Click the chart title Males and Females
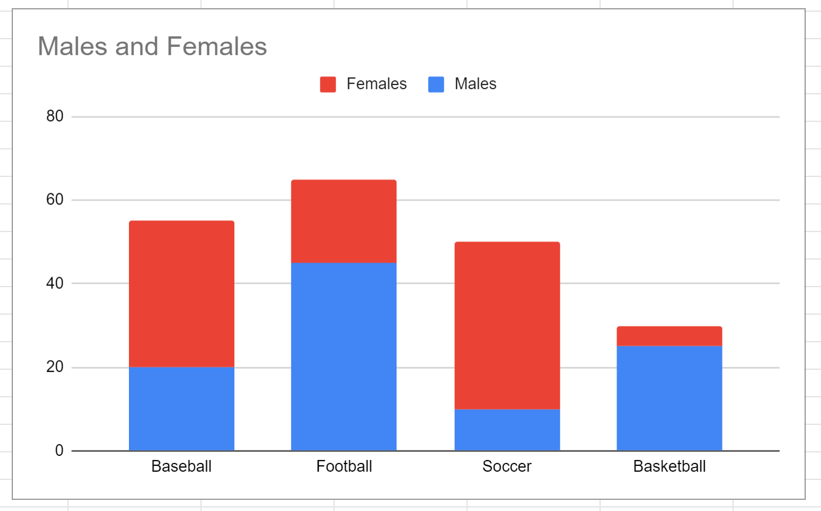(x=152, y=47)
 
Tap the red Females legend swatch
(x=328, y=84)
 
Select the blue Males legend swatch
(x=436, y=84)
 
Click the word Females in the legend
(x=376, y=84)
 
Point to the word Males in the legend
(x=475, y=84)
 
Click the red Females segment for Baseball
(x=182, y=294)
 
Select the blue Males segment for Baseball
(x=182, y=409)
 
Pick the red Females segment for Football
(x=344, y=221)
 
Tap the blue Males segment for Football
(x=344, y=356)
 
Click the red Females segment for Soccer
(x=507, y=325)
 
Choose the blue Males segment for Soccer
(x=507, y=430)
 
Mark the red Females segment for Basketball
(x=669, y=336)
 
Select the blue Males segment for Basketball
(x=669, y=398)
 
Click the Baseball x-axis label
(x=182, y=466)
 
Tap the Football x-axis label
(x=344, y=466)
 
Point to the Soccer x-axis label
(x=507, y=466)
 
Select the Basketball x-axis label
(x=669, y=466)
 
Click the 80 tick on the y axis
(x=55, y=116)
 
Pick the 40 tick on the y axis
(x=55, y=284)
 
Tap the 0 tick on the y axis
(x=59, y=451)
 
